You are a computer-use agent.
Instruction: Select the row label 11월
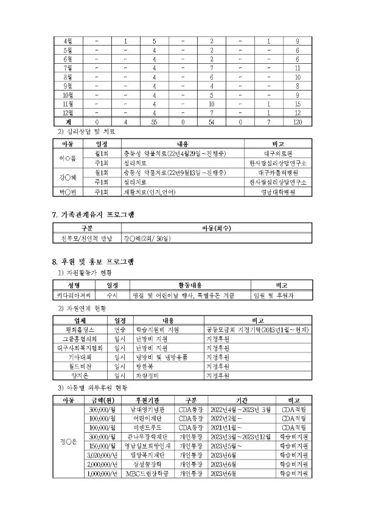pos(68,104)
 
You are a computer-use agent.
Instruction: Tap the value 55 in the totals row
pos(155,122)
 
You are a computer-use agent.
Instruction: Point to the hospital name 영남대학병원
pos(279,191)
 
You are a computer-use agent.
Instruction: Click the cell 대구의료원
pos(279,154)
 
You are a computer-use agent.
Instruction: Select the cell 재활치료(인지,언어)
pos(149,191)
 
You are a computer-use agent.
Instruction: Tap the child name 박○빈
pos(66,191)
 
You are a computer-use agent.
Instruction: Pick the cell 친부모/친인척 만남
pos(83,239)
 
